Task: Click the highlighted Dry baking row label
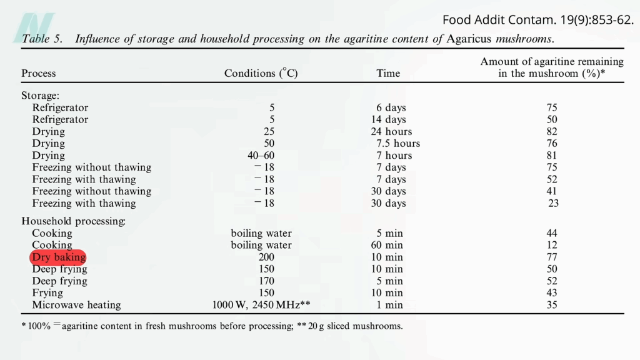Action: coord(58,257)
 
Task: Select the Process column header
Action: coord(39,74)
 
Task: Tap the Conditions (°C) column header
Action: coord(261,74)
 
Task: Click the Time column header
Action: coord(388,74)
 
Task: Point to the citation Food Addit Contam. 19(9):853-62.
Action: coord(538,20)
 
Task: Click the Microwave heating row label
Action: coord(76,305)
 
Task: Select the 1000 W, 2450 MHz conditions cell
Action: coord(261,305)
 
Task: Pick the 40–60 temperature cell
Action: coord(261,156)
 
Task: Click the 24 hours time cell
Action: coord(391,132)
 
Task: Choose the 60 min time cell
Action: coord(387,245)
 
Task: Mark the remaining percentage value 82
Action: coord(552,132)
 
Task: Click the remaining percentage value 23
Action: coord(553,203)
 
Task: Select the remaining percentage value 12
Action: coord(552,245)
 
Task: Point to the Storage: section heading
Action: coord(41,96)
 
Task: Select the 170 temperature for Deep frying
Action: coord(267,281)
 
